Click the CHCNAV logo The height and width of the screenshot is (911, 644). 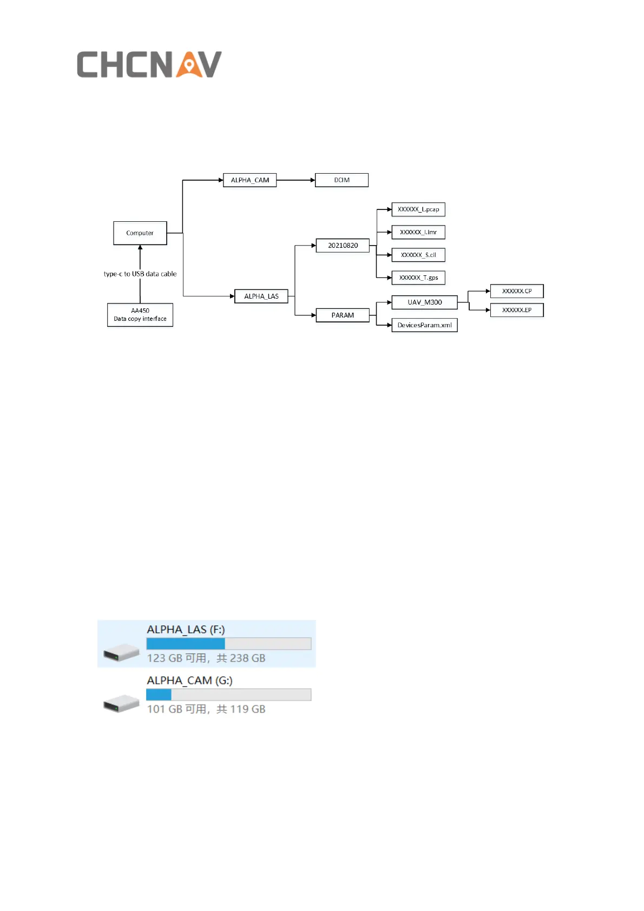[149, 64]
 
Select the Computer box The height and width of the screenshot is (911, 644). [140, 233]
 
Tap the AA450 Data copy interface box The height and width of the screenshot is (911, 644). [140, 315]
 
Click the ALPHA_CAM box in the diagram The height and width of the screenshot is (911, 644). [249, 180]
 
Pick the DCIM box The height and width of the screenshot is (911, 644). [341, 180]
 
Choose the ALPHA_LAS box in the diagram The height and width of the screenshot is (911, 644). [261, 296]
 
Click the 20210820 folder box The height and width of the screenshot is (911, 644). [343, 246]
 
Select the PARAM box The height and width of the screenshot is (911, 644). [343, 315]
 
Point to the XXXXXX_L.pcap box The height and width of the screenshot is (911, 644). [418, 209]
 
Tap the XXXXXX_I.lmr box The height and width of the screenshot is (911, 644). [418, 232]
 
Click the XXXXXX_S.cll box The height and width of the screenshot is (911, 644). [418, 255]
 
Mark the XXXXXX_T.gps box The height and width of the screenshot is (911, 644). [418, 278]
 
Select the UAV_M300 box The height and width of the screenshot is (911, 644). [424, 302]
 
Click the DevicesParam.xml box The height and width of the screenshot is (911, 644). [424, 325]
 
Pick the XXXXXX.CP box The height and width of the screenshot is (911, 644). [517, 291]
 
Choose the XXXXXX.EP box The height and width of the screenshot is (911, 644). [517, 310]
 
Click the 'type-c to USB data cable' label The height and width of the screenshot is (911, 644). [140, 274]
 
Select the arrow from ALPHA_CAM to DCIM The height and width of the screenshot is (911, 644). [295, 180]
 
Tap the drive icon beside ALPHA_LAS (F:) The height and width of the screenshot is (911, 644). [122, 652]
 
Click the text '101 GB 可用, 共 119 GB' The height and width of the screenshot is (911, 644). [206, 709]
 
